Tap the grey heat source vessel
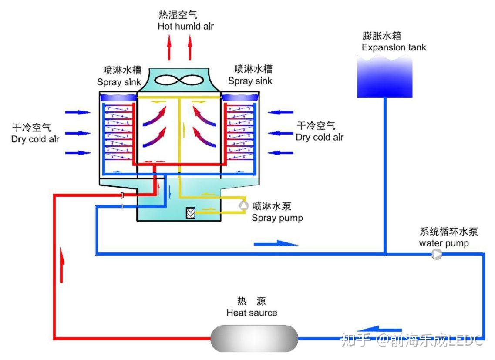[x=254, y=338]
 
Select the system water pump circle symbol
[x=436, y=254]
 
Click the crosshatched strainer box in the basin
[x=190, y=213]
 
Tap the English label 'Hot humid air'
[x=186, y=26]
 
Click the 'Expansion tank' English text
[x=394, y=47]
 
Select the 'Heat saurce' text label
[x=252, y=313]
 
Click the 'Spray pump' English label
[x=277, y=218]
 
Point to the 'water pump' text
[x=444, y=243]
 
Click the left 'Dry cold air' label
[x=35, y=139]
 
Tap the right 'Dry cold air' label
[x=320, y=137]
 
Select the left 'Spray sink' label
[x=119, y=82]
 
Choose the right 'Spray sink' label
[x=250, y=81]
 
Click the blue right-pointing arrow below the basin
[x=276, y=243]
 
